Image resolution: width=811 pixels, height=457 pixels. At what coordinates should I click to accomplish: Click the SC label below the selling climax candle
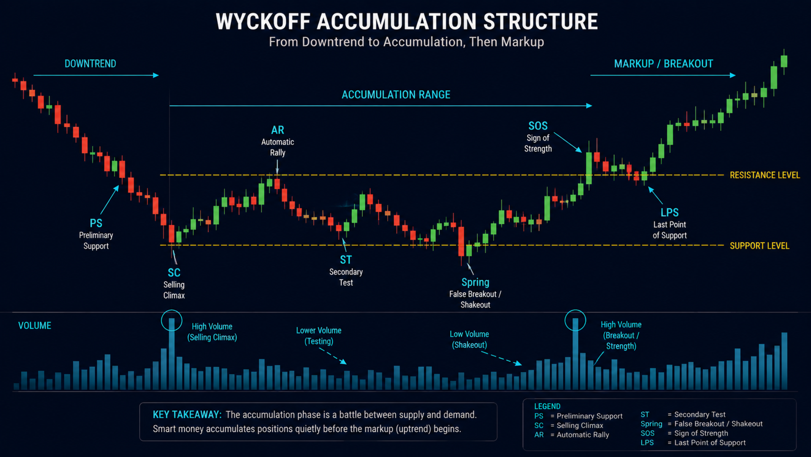pyautogui.click(x=174, y=272)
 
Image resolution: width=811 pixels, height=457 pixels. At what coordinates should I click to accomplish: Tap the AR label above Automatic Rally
pyautogui.click(x=278, y=130)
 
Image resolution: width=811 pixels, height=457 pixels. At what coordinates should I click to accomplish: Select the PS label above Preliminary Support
pyautogui.click(x=96, y=223)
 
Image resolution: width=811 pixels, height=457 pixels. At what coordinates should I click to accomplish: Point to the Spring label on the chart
pyautogui.click(x=475, y=282)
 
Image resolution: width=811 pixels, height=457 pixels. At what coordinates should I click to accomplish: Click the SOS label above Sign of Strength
pyautogui.click(x=538, y=126)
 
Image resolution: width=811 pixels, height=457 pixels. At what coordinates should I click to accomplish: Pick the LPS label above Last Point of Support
pyautogui.click(x=669, y=213)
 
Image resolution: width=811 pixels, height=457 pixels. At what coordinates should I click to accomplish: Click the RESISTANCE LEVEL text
pyautogui.click(x=764, y=175)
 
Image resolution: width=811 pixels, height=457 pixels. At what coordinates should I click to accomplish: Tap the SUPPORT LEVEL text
pyautogui.click(x=760, y=246)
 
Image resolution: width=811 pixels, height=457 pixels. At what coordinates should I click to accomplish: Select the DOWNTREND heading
pyautogui.click(x=90, y=64)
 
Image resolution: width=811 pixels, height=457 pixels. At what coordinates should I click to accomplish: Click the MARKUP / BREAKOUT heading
pyautogui.click(x=663, y=64)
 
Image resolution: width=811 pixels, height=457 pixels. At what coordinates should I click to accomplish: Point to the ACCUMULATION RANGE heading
pyautogui.click(x=396, y=95)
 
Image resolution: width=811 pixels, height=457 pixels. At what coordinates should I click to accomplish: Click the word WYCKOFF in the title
pyautogui.click(x=263, y=22)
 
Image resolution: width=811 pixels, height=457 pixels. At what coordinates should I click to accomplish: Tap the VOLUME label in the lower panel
pyautogui.click(x=35, y=326)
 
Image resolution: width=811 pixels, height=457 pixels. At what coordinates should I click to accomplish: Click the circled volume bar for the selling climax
pyautogui.click(x=172, y=354)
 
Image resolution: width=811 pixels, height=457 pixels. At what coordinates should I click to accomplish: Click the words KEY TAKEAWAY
pyautogui.click(x=187, y=415)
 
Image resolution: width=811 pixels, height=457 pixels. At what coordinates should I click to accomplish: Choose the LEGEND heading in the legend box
pyautogui.click(x=547, y=406)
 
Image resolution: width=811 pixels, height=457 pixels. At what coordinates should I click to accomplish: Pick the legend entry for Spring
pyautogui.click(x=701, y=424)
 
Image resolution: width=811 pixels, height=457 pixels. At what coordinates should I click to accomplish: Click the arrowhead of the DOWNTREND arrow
pyautogui.click(x=156, y=75)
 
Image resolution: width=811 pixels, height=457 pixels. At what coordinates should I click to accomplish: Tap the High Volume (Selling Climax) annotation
pyautogui.click(x=212, y=332)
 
